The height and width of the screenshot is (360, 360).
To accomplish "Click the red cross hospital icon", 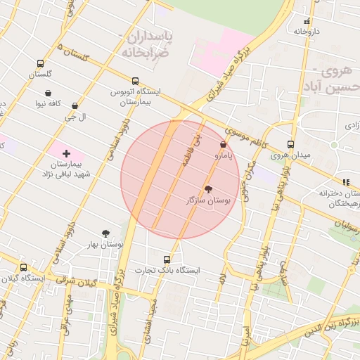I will tap(67, 153).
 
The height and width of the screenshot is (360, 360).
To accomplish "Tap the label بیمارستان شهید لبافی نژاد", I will tap(67, 168).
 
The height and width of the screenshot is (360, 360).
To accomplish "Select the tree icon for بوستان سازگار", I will tap(208, 188).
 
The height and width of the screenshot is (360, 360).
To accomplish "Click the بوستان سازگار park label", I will tap(207, 200).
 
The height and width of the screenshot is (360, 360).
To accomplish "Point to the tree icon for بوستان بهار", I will tap(105, 233).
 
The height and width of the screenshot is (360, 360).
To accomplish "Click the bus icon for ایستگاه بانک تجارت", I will tap(167, 259).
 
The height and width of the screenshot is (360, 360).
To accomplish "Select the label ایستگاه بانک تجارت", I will tap(167, 271).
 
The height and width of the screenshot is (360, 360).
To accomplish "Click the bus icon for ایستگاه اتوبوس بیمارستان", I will tap(136, 80).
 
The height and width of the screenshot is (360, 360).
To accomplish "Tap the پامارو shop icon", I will tap(223, 144).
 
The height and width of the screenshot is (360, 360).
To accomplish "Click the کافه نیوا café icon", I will tap(48, 93).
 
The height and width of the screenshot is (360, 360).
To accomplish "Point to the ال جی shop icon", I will tap(75, 106).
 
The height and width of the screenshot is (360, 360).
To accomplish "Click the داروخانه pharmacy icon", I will tap(307, 21).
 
